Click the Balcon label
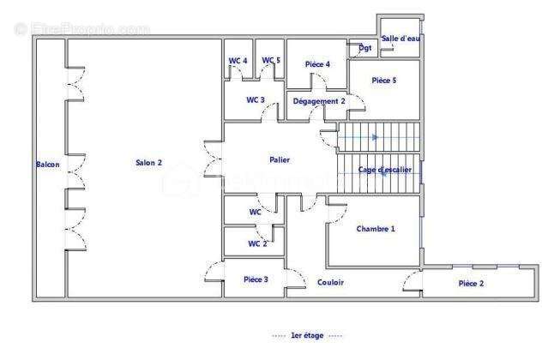coord(47,165)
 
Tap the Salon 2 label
coord(148,164)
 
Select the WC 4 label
coord(238,61)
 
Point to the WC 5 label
coord(271,60)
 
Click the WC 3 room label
coord(256,100)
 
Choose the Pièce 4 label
coord(317,65)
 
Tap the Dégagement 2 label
coord(319,101)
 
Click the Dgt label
coord(366,48)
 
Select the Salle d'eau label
coord(400,39)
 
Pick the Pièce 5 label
coord(384,81)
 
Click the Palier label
coord(279,159)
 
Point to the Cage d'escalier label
coord(384,170)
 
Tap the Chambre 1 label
coord(376,229)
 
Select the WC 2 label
coord(257,243)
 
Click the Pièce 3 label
coord(256,279)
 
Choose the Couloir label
coord(331,282)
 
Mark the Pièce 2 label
coord(471,283)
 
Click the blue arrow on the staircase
coord(375,136)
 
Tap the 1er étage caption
coord(307,335)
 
